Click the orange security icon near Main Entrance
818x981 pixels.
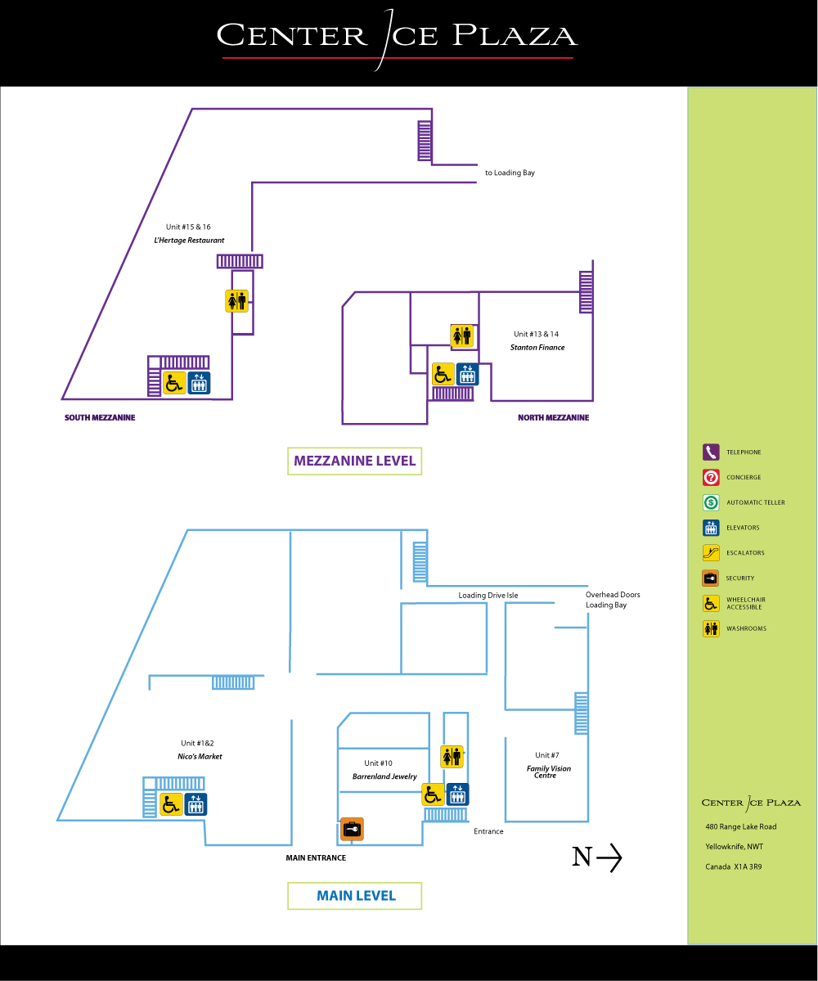tap(352, 830)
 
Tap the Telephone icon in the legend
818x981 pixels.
tap(711, 452)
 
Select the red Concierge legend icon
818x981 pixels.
tap(711, 478)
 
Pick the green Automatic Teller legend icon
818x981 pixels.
tap(711, 502)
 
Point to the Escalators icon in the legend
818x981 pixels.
tap(711, 553)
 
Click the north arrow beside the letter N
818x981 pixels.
tap(609, 857)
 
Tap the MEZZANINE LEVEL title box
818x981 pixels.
tap(355, 461)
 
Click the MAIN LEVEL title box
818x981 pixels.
tap(355, 896)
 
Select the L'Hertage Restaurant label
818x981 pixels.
tap(189, 241)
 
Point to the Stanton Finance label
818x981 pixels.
tap(537, 348)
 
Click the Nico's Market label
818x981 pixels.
tap(200, 757)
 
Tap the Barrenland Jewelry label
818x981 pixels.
tap(384, 776)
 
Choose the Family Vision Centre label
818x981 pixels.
tap(549, 772)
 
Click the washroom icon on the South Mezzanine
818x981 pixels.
tap(236, 301)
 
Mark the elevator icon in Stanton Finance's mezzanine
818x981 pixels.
tap(467, 375)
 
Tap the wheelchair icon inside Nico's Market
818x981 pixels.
tap(171, 804)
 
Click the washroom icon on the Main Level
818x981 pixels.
tap(452, 757)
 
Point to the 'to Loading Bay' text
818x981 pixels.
tap(510, 173)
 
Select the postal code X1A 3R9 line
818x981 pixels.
tap(734, 866)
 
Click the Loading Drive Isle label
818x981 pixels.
tap(488, 596)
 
